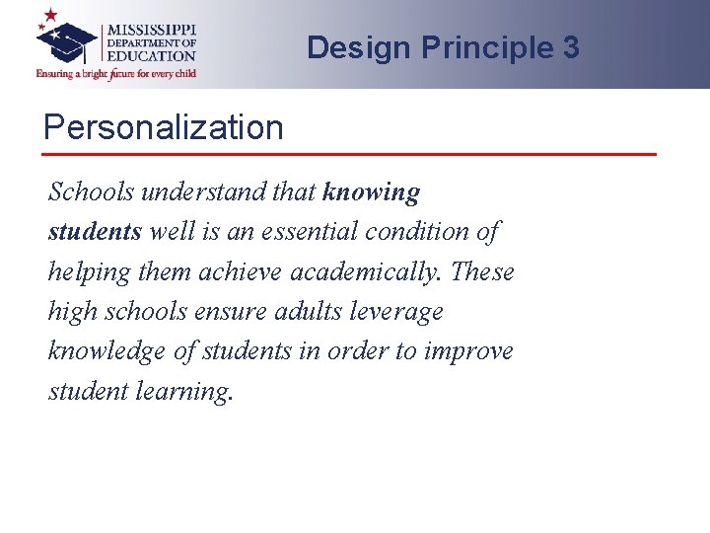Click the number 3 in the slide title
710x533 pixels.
click(x=570, y=47)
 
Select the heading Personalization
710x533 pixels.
click(x=163, y=127)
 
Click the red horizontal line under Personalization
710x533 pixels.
click(x=350, y=154)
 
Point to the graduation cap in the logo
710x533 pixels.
click(x=67, y=41)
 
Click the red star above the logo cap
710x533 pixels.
click(x=48, y=16)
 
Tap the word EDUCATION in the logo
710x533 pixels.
click(x=151, y=56)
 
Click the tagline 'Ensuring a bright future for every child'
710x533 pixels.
click(x=116, y=73)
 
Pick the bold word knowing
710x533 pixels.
click(x=371, y=191)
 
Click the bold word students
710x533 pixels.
click(x=95, y=232)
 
